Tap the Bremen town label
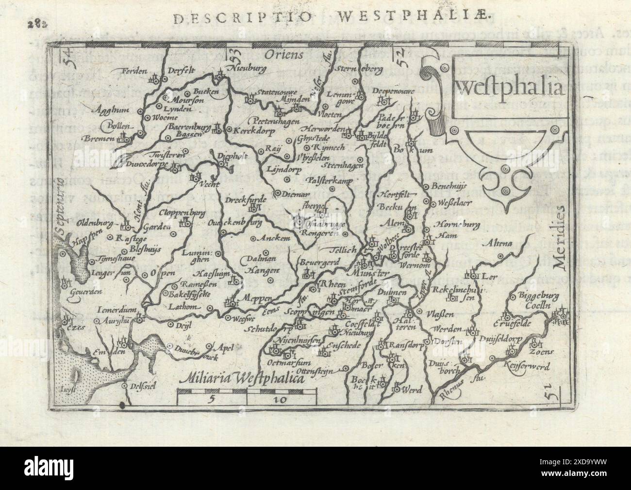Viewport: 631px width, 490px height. (103, 139)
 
